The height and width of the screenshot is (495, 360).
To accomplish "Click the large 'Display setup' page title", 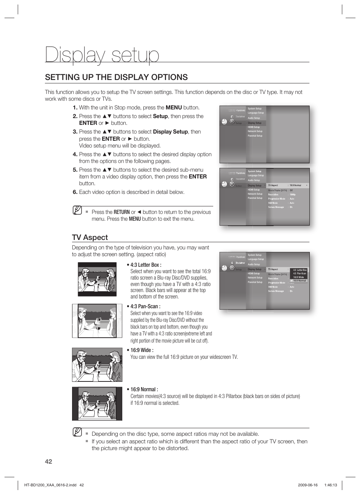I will (102, 55).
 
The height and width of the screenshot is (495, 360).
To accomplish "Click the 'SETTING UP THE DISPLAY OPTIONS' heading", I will (116, 77).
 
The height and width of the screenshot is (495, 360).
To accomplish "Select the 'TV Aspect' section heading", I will (90, 237).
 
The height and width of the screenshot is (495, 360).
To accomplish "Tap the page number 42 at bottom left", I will (48, 461).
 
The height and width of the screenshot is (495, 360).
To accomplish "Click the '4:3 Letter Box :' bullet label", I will (146, 265).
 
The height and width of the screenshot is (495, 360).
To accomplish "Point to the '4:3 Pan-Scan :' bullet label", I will (145, 306).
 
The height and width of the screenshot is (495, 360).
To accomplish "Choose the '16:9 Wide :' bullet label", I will (142, 350).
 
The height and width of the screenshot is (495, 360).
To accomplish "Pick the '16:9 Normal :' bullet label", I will (144, 389).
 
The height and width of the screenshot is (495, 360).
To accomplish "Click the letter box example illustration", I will (97, 279).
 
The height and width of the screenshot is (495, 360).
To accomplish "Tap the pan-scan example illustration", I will (97, 321).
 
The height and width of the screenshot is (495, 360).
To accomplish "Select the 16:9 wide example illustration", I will (97, 365).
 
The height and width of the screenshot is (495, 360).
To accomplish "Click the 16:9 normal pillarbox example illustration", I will (97, 404).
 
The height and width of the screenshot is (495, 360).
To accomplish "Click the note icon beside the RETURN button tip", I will (77, 210).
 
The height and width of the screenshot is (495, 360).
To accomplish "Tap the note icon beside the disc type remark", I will (77, 432).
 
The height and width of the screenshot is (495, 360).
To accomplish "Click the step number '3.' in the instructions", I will (75, 132).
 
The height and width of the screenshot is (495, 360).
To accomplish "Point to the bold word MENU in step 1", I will (174, 108).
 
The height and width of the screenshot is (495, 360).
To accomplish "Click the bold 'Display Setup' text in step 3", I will (170, 132).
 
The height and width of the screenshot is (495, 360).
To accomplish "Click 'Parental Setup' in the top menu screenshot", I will (255, 136).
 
